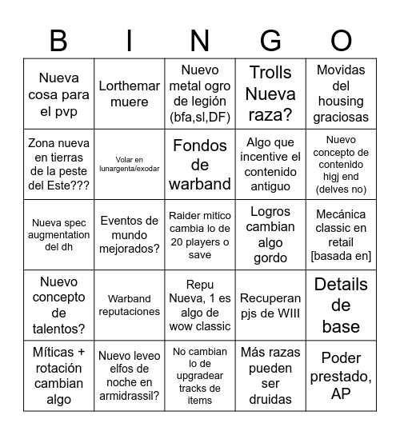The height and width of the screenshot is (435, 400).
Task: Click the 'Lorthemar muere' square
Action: [129, 94]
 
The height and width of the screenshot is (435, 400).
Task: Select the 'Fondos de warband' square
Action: [199, 164]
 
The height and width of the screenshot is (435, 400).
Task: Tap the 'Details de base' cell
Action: [342, 305]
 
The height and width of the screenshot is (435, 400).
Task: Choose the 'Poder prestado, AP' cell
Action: [342, 375]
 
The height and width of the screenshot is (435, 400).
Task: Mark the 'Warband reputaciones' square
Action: [129, 305]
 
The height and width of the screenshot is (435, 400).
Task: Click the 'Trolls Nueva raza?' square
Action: [270, 94]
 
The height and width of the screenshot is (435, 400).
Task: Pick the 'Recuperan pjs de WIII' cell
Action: [270, 305]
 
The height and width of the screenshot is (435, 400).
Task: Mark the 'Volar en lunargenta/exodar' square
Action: [129, 164]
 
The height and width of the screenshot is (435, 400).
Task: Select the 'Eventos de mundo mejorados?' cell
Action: [129, 234]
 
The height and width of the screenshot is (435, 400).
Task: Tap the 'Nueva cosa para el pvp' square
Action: [58, 94]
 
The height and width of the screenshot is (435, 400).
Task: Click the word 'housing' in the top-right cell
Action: [342, 102]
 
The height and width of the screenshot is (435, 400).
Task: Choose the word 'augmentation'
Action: [58, 236]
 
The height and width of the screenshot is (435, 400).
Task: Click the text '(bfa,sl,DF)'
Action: [199, 118]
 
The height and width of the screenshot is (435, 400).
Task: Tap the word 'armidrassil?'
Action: [129, 396]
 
